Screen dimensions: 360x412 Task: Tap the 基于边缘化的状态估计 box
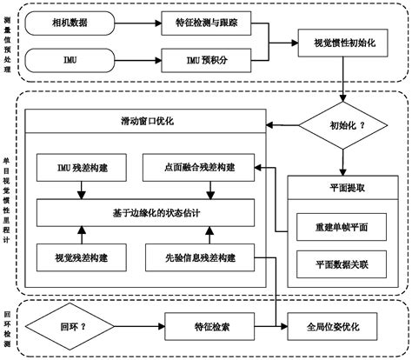pos(143,211)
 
